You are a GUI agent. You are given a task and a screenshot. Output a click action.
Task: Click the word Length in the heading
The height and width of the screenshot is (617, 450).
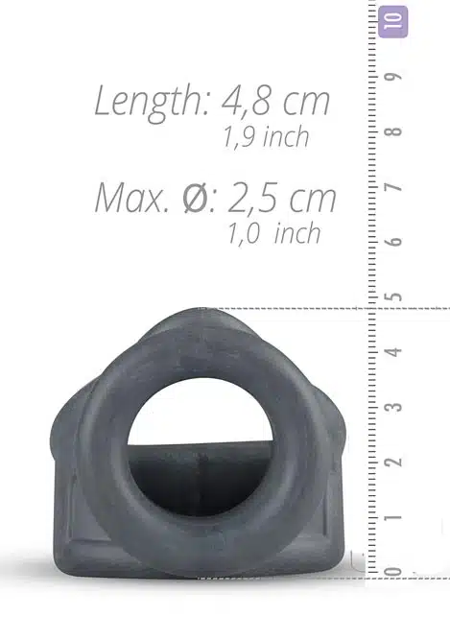coord(150,101)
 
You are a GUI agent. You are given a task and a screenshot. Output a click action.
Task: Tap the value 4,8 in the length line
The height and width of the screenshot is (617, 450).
coord(246,102)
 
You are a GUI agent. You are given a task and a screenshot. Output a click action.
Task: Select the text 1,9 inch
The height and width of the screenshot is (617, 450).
coord(266,137)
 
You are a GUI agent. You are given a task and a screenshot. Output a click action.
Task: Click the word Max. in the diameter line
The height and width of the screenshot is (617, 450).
coord(132,198)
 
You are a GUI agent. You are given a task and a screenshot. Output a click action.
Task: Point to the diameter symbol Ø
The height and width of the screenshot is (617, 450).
coord(197,198)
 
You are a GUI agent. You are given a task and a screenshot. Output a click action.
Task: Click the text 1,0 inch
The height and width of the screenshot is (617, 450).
coord(274,233)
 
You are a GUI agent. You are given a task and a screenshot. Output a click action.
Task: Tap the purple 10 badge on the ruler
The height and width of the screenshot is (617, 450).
coord(392,21)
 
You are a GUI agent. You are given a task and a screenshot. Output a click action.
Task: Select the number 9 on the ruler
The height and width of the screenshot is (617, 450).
coord(394,76)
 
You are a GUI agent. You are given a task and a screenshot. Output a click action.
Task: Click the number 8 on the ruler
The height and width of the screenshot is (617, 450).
coord(394,131)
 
